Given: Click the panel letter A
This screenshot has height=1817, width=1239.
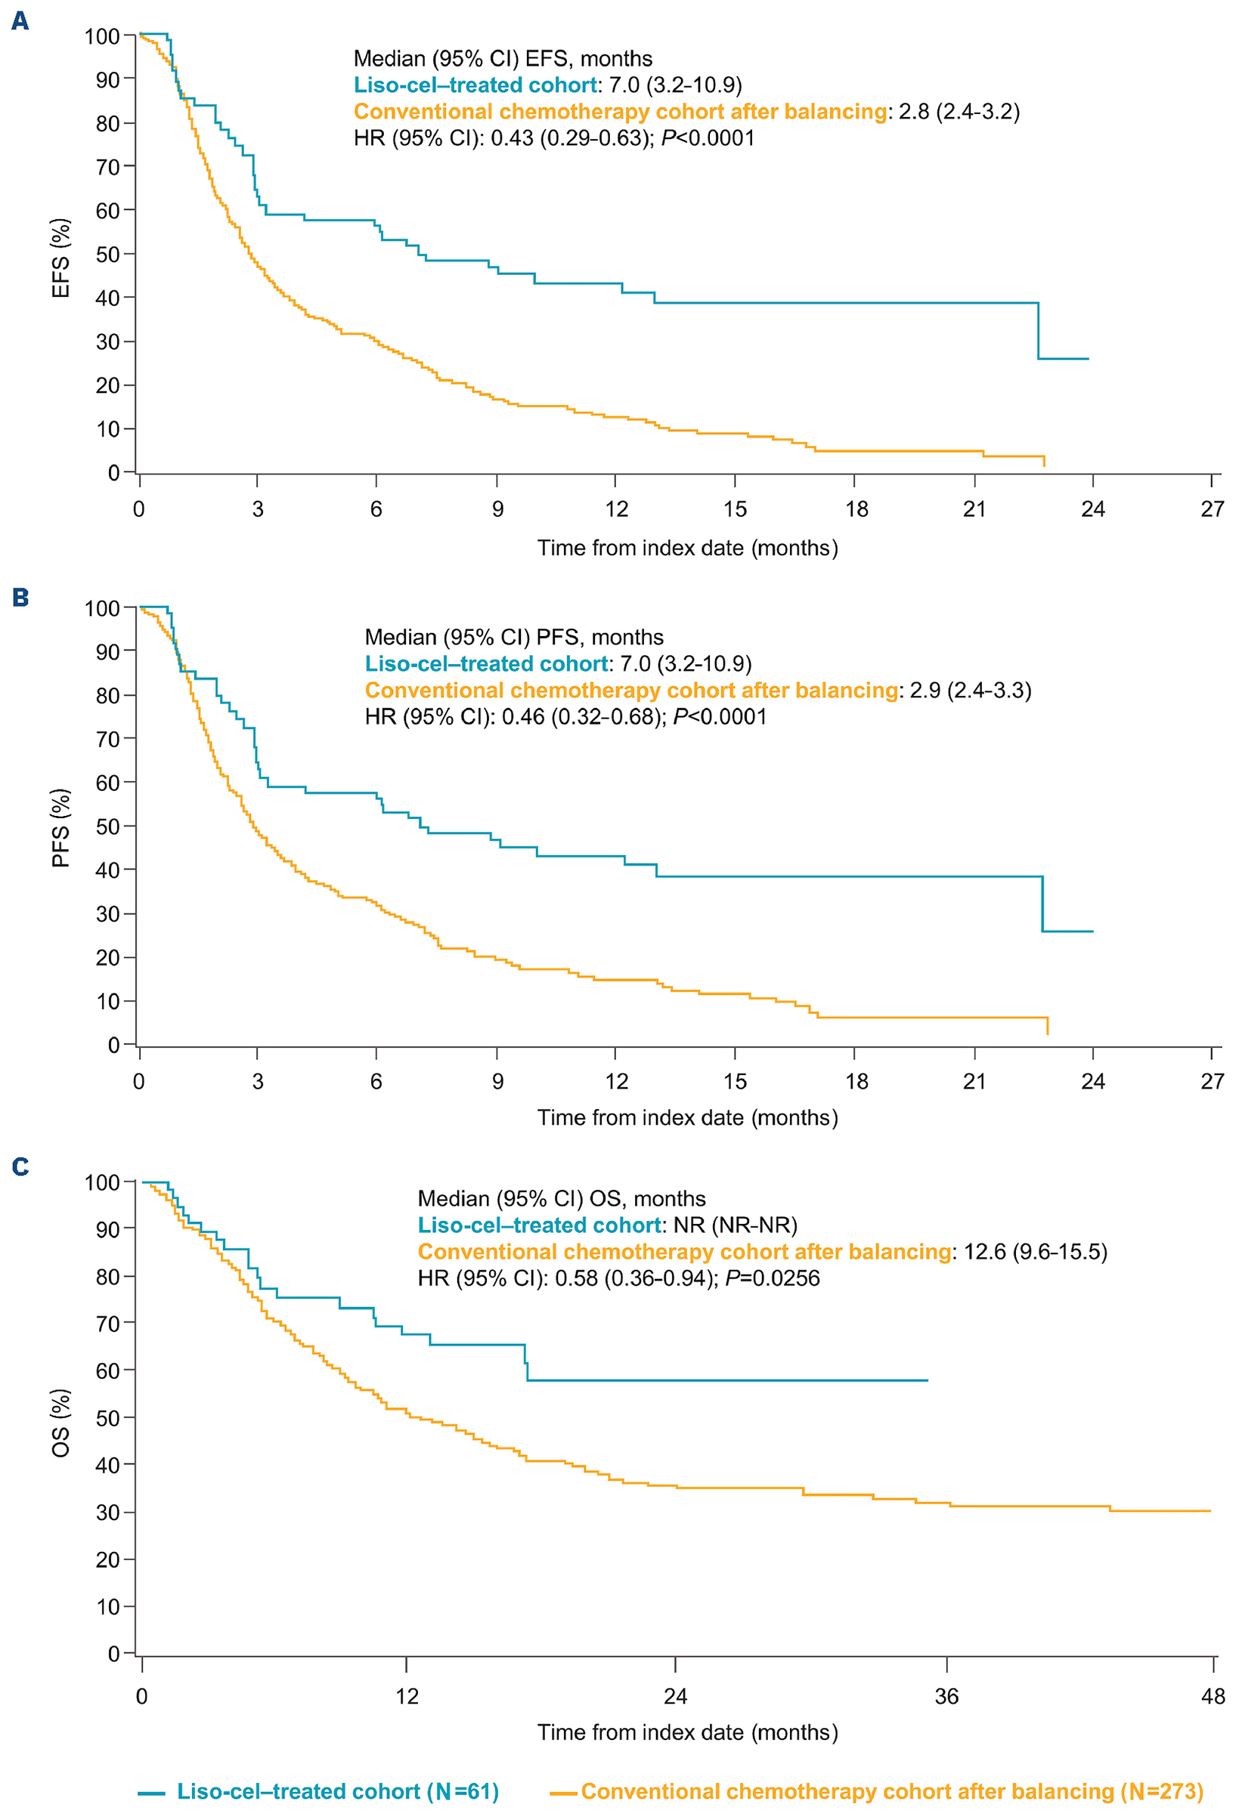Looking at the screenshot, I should tap(20, 21).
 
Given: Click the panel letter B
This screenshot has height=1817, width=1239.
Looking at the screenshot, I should tap(20, 598).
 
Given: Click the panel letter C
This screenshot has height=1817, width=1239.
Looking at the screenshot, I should tap(20, 1167).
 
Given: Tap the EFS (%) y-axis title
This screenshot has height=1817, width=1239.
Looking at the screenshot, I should tap(61, 258).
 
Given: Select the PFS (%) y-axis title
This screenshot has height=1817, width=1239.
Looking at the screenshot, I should tap(61, 828).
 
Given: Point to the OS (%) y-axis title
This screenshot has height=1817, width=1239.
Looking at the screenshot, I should tap(61, 1423).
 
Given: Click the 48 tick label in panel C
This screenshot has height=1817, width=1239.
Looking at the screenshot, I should tap(1213, 1697).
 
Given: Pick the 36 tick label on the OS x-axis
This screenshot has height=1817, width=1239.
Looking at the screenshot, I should tap(946, 1697).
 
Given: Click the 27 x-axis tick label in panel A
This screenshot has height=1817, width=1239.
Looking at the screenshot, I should tap(1213, 510).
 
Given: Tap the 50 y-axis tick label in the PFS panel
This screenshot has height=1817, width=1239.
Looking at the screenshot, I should tap(107, 827).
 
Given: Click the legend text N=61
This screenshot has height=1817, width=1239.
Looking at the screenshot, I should tap(466, 1792).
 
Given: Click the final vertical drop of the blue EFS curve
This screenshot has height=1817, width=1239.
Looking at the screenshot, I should tap(1038, 331).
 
